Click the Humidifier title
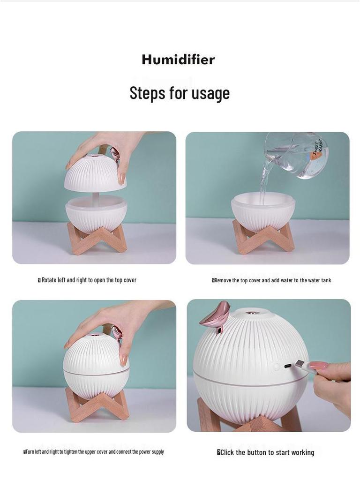coord(178,60)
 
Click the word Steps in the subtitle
coord(147,93)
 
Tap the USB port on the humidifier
coord(288,366)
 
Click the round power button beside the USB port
coord(277,366)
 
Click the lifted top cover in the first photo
coord(96,173)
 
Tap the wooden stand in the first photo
coord(97,239)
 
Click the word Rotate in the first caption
coord(49,280)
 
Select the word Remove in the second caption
coord(223,280)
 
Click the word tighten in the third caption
coord(70,452)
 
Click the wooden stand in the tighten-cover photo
coord(97,404)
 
